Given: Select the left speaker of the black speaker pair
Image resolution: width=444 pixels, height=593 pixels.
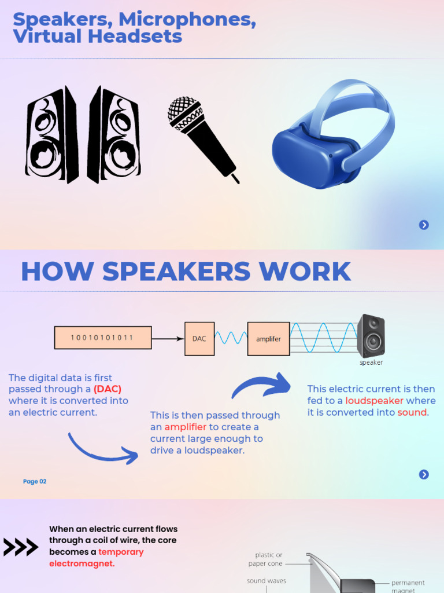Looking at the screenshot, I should [x=51, y=134].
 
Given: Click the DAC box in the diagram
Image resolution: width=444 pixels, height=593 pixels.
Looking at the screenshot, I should [x=199, y=339].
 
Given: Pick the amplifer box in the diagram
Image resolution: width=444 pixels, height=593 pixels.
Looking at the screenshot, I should [x=268, y=339].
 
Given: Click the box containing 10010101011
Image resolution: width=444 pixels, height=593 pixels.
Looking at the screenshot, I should [x=103, y=338].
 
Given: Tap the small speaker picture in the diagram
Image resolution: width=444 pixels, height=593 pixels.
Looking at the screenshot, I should [x=371, y=336].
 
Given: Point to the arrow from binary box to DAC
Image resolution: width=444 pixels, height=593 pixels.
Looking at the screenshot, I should [x=168, y=338].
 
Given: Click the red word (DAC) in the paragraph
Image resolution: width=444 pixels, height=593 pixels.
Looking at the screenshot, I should [x=108, y=389].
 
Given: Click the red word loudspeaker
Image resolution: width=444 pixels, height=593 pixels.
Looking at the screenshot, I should [x=374, y=401].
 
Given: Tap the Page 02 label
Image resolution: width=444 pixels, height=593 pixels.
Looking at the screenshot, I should [x=35, y=481].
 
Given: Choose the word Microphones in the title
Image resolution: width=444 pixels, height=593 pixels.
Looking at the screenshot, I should [x=187, y=20].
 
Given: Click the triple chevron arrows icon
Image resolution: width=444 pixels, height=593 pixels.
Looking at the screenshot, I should [x=21, y=547].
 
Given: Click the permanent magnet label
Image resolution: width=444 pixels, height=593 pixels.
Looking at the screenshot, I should [x=408, y=586].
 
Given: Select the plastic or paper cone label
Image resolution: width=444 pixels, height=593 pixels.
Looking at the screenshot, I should [x=267, y=559].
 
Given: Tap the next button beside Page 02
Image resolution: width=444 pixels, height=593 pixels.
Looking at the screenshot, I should [x=424, y=475].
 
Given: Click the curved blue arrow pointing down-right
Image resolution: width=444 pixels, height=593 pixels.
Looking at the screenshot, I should [x=103, y=449].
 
